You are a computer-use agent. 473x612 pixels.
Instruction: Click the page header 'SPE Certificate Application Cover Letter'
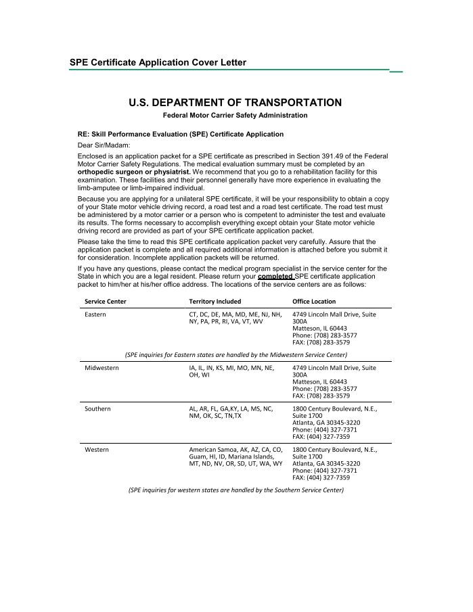158,62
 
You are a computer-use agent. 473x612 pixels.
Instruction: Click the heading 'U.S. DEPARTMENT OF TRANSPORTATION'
235,103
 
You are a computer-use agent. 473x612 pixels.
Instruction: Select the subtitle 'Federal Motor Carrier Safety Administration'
235,116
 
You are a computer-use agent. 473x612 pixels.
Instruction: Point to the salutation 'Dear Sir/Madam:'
104,145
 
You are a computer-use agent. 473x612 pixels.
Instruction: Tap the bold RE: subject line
181,135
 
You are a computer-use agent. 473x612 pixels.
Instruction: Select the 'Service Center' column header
105,301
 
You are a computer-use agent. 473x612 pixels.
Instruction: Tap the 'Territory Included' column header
215,301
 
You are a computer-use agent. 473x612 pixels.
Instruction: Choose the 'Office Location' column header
314,301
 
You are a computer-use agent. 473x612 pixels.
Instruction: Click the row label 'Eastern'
95,314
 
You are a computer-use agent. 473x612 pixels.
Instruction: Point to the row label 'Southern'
97,409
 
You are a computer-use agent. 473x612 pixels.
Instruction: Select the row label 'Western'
97,450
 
